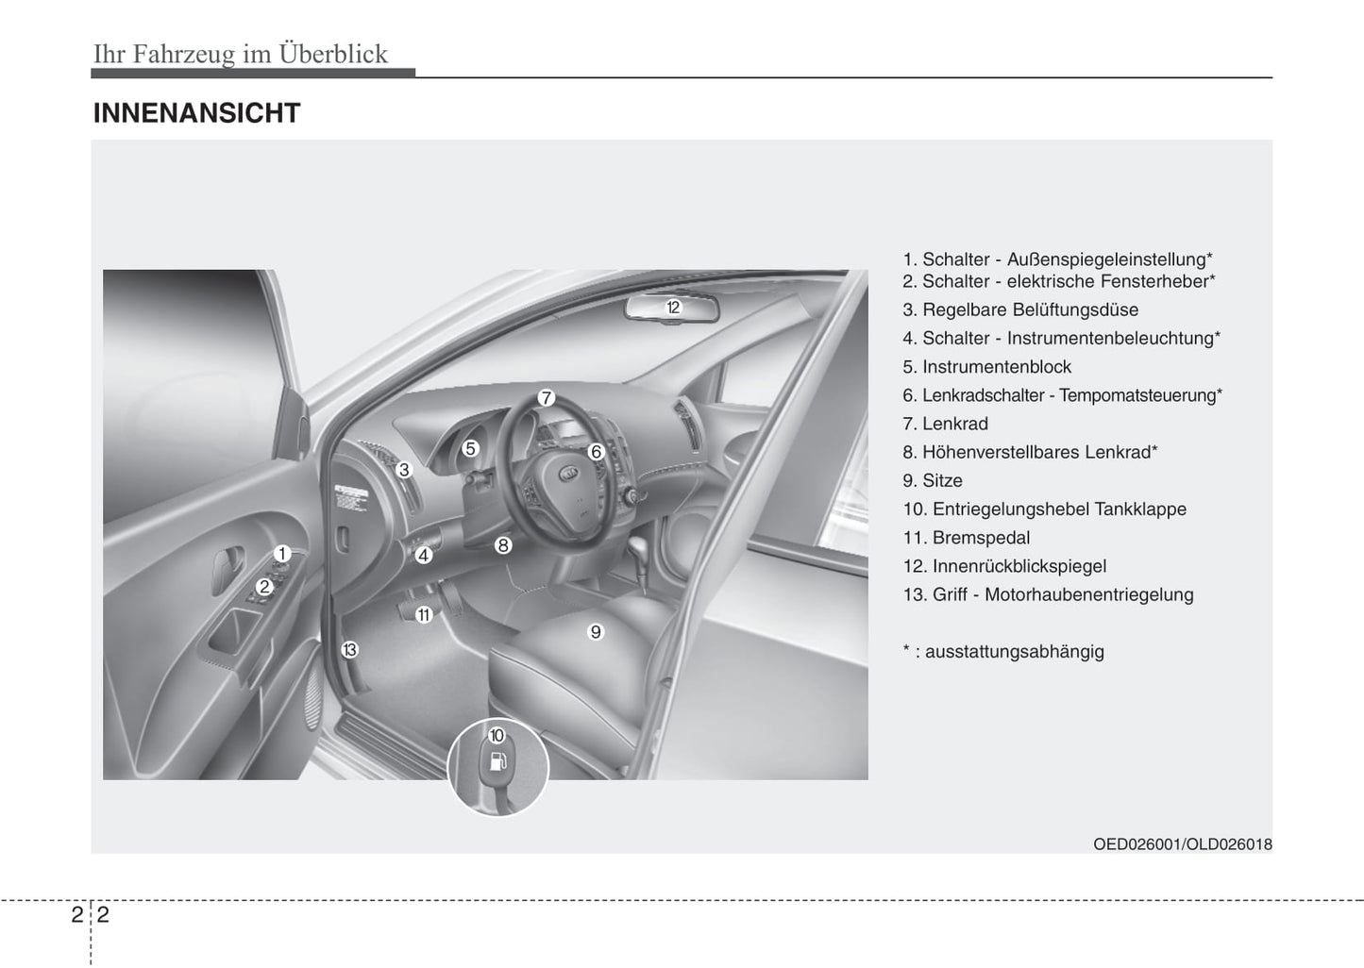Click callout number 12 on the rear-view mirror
click(673, 307)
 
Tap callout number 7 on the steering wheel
click(546, 398)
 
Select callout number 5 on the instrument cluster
click(470, 449)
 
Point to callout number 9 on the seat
click(596, 632)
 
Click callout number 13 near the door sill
click(349, 649)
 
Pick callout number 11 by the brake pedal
click(424, 615)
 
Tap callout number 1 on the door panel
click(281, 555)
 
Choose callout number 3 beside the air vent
click(404, 470)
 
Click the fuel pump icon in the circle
click(497, 761)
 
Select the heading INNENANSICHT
click(196, 113)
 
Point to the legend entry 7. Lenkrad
click(945, 424)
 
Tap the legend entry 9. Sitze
click(933, 480)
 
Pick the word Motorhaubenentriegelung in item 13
click(1088, 594)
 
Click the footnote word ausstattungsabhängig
click(1014, 651)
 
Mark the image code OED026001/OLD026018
click(1182, 843)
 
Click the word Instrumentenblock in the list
click(997, 367)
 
